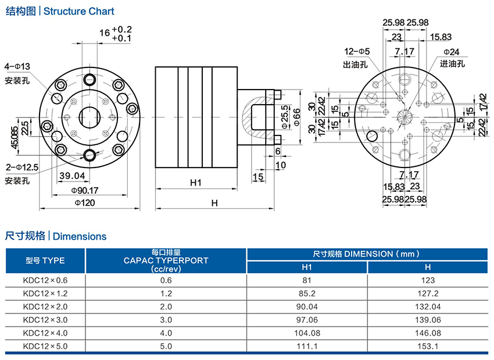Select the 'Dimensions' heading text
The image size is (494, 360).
pos(80,236)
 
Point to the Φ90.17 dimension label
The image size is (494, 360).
pos(85,190)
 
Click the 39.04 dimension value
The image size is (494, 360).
pos(72,176)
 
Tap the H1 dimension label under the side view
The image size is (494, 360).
pos(195,183)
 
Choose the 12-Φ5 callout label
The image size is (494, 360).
pos(357,52)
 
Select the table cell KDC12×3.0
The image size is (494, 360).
pos(45,320)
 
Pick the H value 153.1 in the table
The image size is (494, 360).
pos(427,346)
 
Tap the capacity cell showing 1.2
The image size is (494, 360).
pos(166,293)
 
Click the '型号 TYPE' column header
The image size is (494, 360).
pos(45,261)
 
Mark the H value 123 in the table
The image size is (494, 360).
pos(427,280)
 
